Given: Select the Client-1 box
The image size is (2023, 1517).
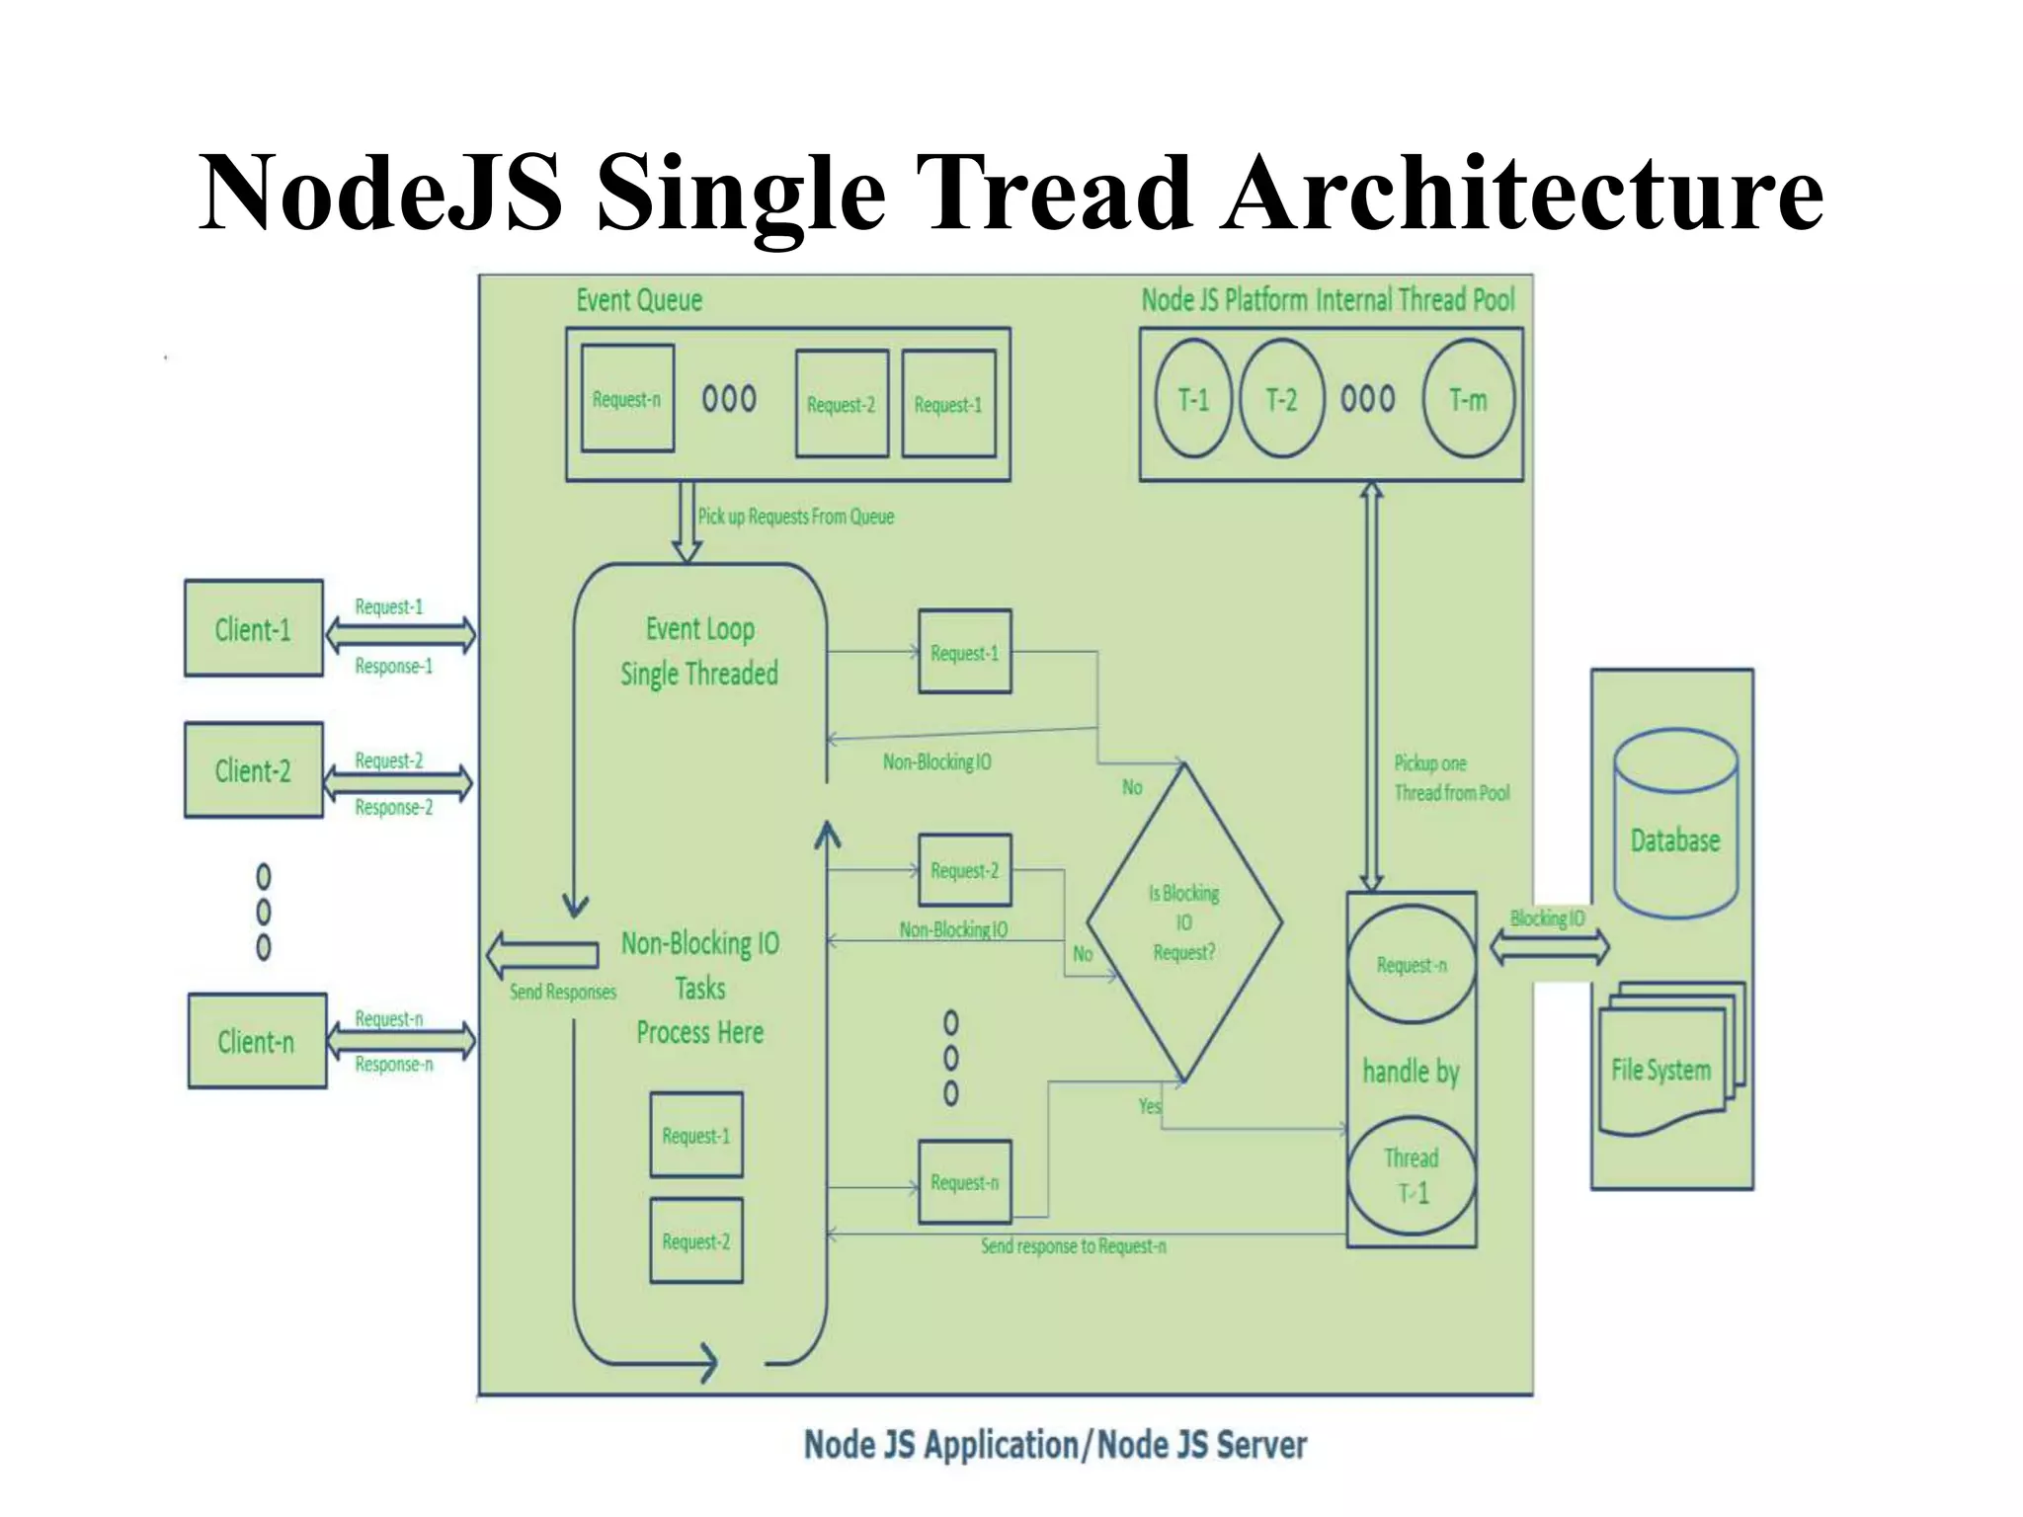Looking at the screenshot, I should (253, 628).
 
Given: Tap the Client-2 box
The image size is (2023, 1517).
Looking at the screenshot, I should (253, 769).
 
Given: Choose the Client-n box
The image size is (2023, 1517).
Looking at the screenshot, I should (256, 1041).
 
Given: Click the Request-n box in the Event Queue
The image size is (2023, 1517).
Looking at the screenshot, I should (627, 398).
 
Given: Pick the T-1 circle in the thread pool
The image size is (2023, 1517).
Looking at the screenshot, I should (1193, 399).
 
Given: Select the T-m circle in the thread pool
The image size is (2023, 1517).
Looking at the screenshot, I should (1468, 399).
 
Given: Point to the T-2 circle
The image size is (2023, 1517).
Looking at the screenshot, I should (1281, 399).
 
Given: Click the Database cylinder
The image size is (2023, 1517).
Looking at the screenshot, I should (1675, 825).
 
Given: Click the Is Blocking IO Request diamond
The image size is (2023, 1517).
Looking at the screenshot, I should (1183, 921).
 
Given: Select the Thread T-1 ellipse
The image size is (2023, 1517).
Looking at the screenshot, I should (1412, 1175).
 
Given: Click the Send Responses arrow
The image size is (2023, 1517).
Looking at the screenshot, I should (542, 955).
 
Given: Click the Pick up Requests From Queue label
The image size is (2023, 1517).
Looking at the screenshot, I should (795, 517).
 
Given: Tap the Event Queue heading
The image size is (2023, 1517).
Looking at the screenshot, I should (639, 300).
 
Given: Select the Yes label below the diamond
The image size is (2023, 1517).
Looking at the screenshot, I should (1149, 1106).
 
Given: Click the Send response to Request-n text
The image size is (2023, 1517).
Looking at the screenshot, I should (1073, 1246).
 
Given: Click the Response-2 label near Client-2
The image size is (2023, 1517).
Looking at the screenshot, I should (393, 808).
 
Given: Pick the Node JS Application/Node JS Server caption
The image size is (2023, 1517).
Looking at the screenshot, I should (1055, 1445).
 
